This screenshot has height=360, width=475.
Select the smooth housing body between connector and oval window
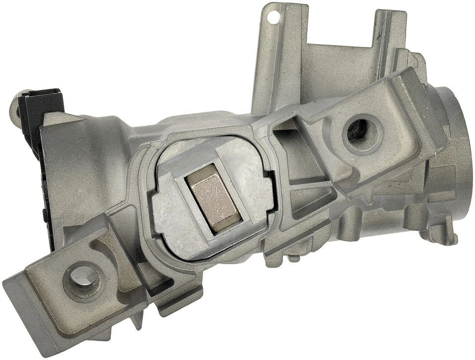[x=99, y=163]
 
